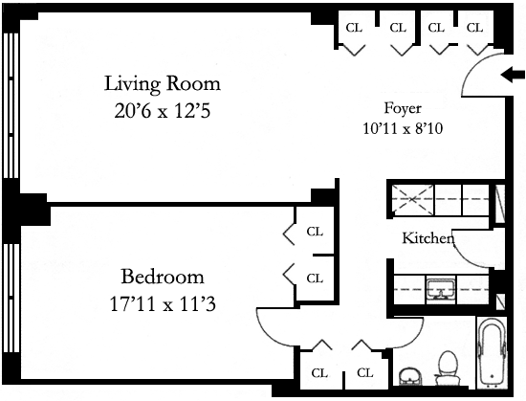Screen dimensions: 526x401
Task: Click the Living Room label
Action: [x=163, y=83]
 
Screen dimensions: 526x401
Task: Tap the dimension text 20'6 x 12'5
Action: [x=163, y=111]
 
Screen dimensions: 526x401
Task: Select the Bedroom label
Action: [x=163, y=277]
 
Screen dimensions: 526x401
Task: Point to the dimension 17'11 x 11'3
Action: [x=163, y=304]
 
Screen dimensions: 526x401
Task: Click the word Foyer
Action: [x=403, y=109]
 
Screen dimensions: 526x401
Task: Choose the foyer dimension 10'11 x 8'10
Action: [x=403, y=128]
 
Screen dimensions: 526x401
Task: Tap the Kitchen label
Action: [x=428, y=238]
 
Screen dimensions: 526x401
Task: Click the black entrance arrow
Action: [x=513, y=75]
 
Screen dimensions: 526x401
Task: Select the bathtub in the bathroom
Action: [x=493, y=352]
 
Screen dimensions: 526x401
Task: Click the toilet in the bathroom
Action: [x=449, y=368]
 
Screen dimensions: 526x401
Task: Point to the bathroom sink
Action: [x=409, y=376]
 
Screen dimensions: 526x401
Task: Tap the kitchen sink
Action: [x=441, y=288]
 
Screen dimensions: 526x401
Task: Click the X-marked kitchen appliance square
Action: [x=412, y=199]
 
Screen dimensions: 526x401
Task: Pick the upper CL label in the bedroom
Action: [x=315, y=232]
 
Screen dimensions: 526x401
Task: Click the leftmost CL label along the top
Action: [x=354, y=28]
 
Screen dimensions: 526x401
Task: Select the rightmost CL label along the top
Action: [x=474, y=28]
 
